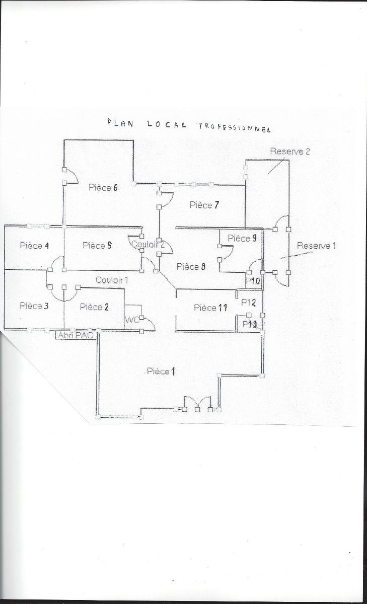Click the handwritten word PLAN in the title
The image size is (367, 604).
coord(120,123)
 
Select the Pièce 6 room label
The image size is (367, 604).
coord(103,188)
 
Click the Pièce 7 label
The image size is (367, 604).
coord(204,205)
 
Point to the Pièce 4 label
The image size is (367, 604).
coord(34,246)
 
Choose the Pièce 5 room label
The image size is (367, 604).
coord(97,246)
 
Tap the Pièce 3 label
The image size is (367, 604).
coord(34,306)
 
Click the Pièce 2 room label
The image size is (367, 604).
coord(94,307)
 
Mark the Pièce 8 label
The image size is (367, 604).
coord(191,267)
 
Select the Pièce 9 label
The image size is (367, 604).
coord(242,238)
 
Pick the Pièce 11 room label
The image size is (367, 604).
coord(210,308)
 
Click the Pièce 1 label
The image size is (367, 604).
coord(161,371)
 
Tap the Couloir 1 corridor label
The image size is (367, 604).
coord(112,280)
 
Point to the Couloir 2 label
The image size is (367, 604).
coord(148,245)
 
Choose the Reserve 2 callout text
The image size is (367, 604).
coord(289,151)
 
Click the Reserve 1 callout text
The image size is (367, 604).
coord(316,246)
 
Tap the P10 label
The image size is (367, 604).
coord(253,280)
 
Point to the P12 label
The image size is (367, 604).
coord(249,303)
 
